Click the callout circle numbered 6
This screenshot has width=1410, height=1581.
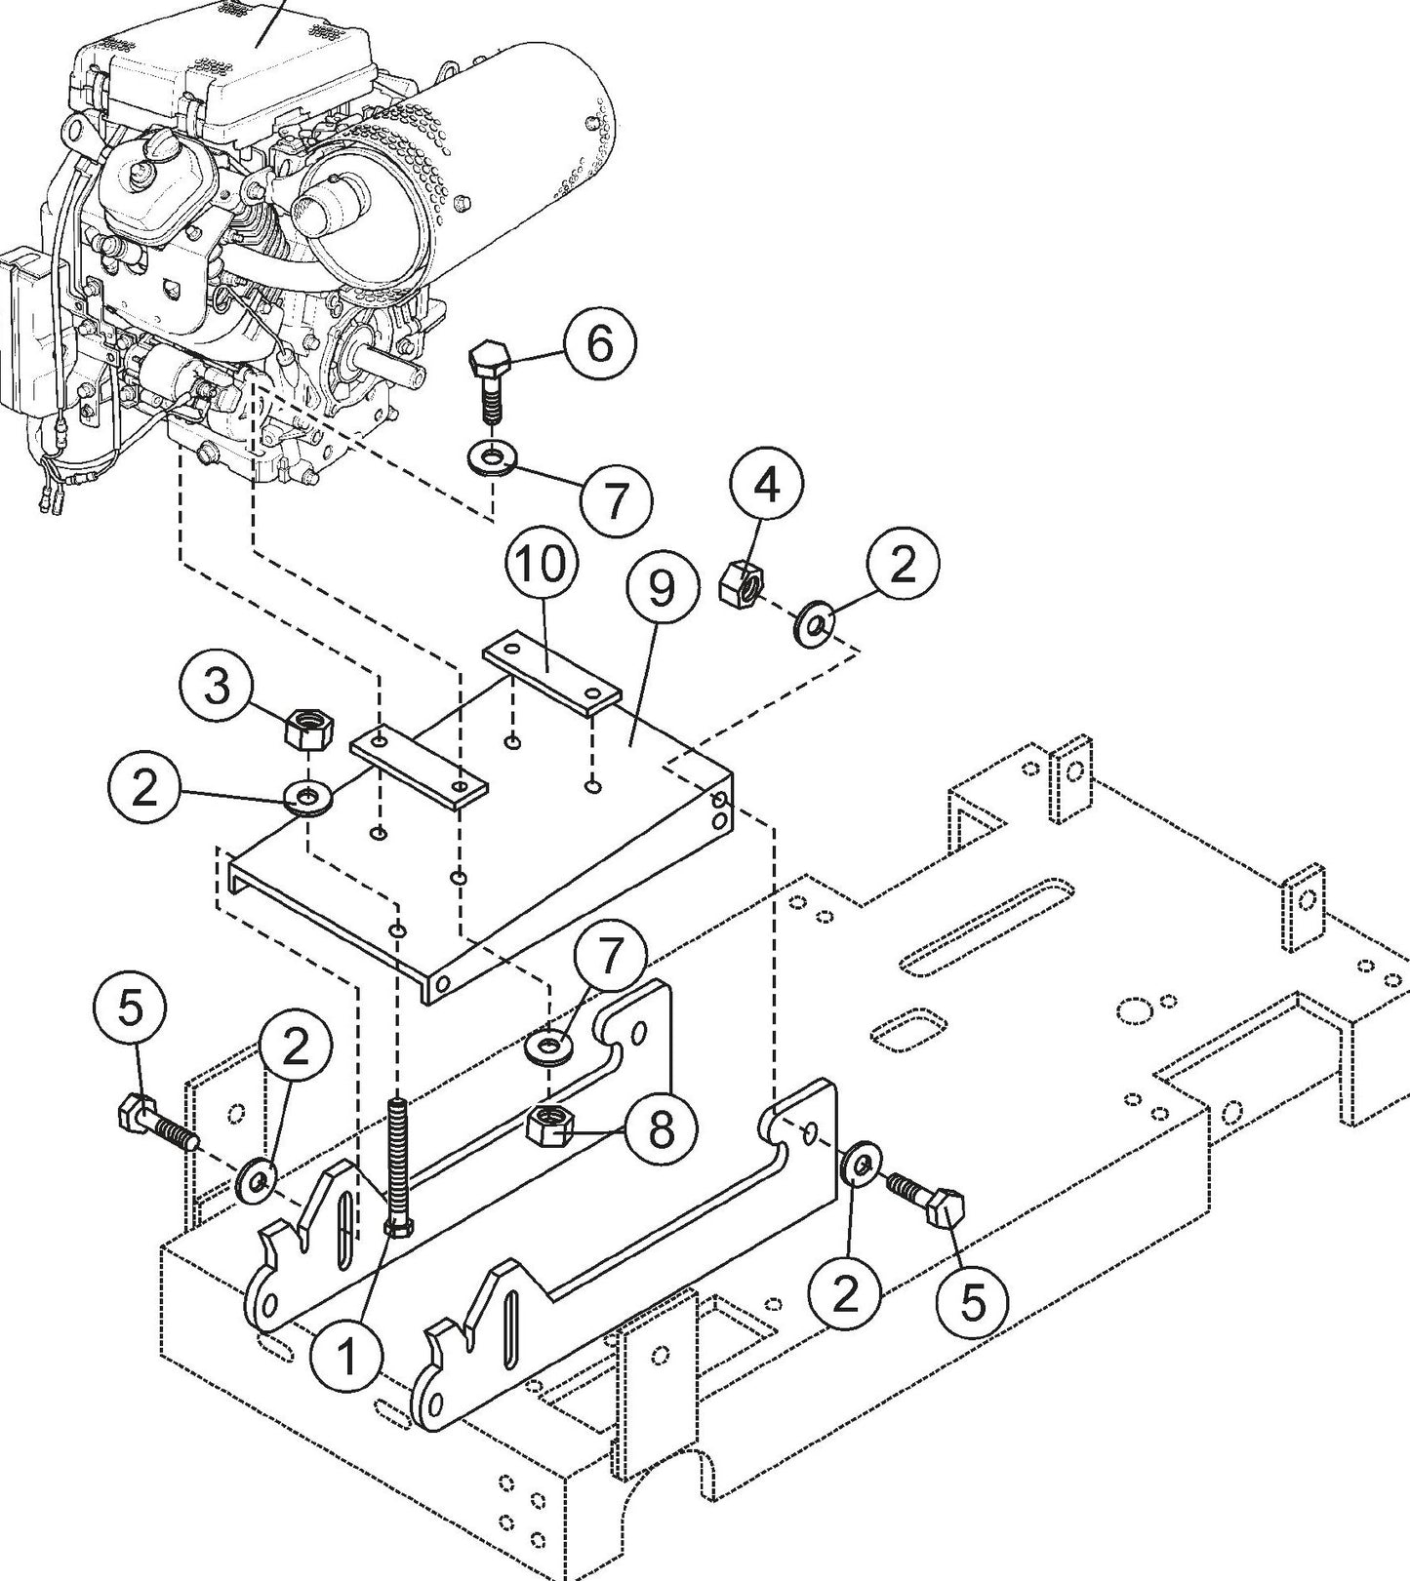pos(598,344)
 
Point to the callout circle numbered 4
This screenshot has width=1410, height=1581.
pos(768,485)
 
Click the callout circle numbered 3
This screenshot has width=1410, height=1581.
pos(217,686)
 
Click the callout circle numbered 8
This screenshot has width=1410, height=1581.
pos(661,1129)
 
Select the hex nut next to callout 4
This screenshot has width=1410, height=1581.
pos(741,583)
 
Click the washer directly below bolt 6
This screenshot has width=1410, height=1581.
pos(493,456)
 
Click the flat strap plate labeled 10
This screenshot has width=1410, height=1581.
pos(551,673)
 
